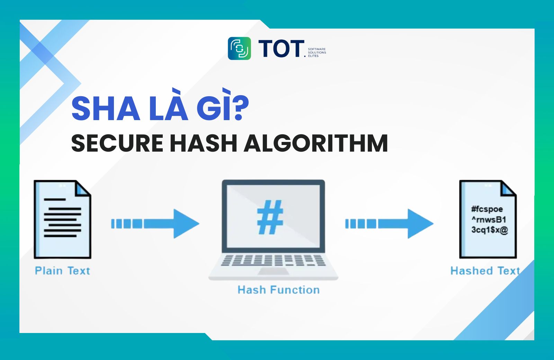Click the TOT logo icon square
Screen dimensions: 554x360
click(239, 48)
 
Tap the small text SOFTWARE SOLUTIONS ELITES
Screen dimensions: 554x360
click(317, 52)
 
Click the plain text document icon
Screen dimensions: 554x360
click(63, 219)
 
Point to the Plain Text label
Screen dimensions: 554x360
click(62, 271)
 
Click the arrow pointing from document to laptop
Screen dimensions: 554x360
click(155, 224)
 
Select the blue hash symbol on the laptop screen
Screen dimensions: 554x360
click(270, 217)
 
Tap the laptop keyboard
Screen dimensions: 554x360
click(273, 260)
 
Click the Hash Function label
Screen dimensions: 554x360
click(278, 290)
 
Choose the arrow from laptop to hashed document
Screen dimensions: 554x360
click(389, 224)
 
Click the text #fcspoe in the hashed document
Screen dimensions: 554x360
click(487, 209)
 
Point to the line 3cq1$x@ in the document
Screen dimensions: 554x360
click(490, 230)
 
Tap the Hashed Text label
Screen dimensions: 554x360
click(485, 271)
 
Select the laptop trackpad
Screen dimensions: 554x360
click(273, 271)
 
